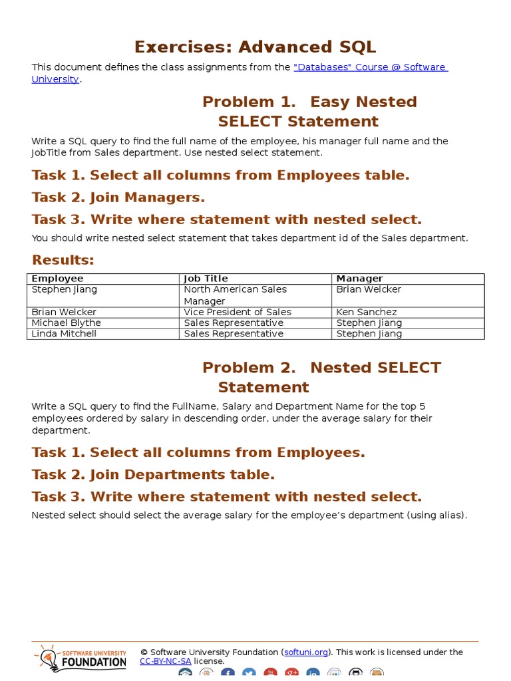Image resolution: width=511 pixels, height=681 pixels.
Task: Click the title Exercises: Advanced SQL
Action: (x=255, y=47)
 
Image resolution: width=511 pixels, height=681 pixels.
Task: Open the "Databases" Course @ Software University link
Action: (x=370, y=67)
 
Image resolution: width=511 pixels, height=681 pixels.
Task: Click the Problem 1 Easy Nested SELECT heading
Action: (x=309, y=111)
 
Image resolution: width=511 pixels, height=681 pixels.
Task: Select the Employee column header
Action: (x=58, y=279)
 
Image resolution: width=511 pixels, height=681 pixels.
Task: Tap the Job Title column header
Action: (x=206, y=279)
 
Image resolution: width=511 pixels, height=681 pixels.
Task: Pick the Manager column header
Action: (x=359, y=279)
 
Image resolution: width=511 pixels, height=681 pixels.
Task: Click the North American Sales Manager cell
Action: (x=235, y=295)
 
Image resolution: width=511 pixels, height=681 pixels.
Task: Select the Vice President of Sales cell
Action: (x=238, y=312)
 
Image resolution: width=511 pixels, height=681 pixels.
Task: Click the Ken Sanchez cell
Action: (x=366, y=312)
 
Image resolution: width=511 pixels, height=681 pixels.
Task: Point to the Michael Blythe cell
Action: (x=66, y=323)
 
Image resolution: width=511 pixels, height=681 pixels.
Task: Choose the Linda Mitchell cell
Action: (x=64, y=333)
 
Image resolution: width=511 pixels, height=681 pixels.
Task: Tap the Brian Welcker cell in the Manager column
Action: (x=369, y=289)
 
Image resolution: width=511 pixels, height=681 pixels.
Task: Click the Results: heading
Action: (x=63, y=259)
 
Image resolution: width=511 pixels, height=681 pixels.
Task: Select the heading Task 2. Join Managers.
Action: (x=118, y=198)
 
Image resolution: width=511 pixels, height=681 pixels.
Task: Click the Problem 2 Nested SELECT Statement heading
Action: (x=321, y=377)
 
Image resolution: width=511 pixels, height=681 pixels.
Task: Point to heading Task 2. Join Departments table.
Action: (x=153, y=475)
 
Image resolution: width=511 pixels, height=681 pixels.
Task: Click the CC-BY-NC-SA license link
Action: (x=165, y=661)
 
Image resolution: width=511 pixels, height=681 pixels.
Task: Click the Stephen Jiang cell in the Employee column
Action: (x=65, y=289)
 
